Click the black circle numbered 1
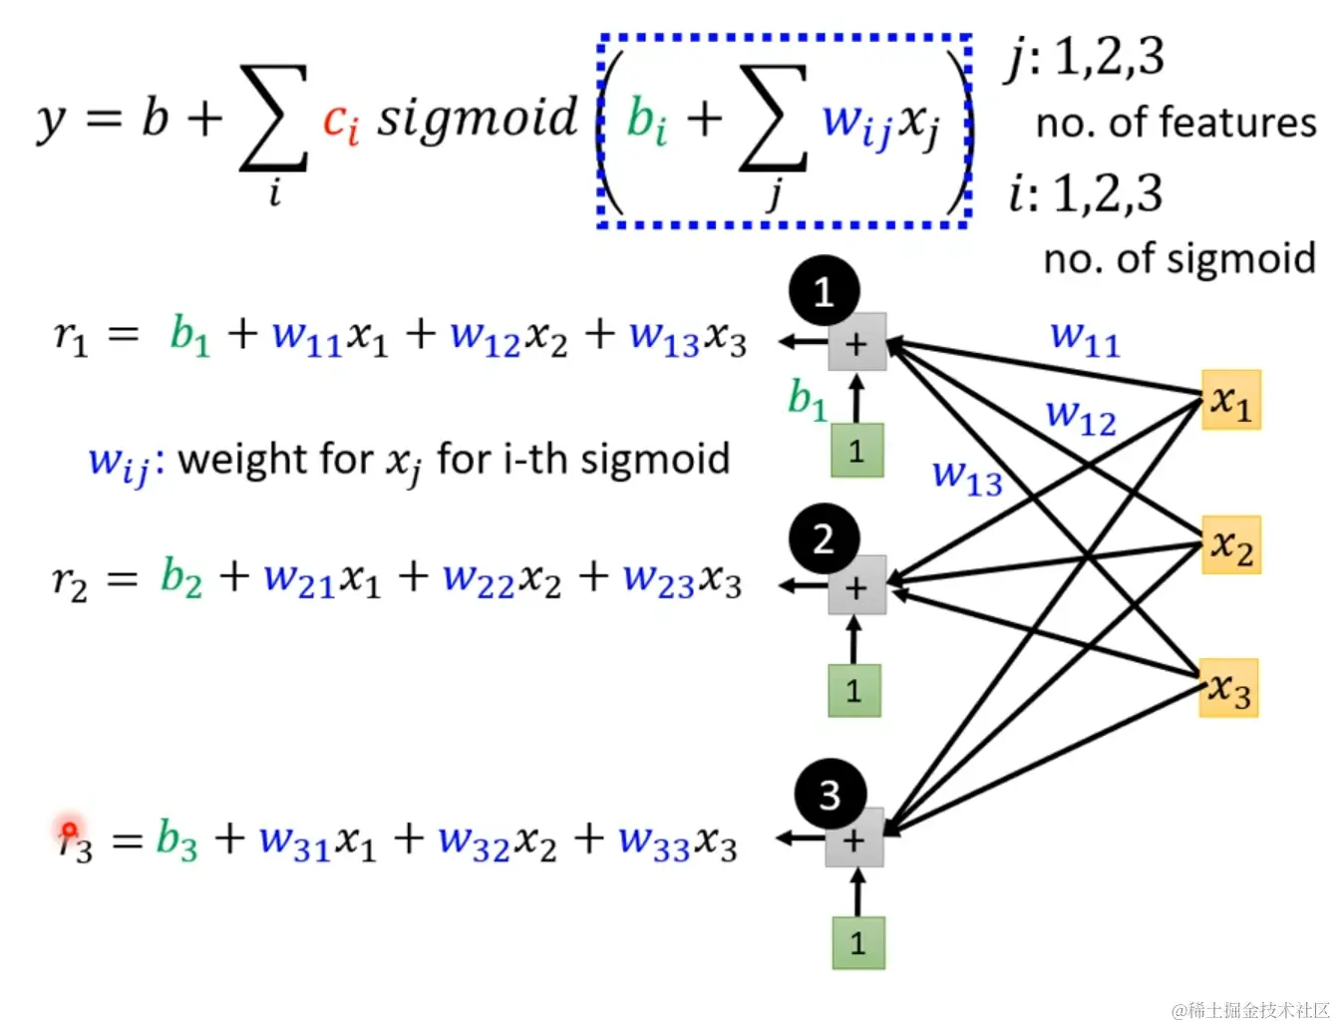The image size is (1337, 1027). (x=824, y=292)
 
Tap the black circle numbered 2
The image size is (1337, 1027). (x=824, y=539)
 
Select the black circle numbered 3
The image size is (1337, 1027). (x=830, y=795)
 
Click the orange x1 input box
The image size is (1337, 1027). (x=1231, y=401)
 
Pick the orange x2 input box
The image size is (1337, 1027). (x=1231, y=545)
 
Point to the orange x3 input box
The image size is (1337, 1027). (x=1228, y=688)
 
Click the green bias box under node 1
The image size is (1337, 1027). (x=856, y=451)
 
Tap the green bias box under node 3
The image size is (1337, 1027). (x=858, y=942)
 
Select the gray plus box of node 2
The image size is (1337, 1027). (x=856, y=586)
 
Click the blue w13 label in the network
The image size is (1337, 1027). (x=966, y=477)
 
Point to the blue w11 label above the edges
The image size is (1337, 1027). (x=1085, y=338)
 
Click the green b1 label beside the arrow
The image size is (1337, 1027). (x=807, y=400)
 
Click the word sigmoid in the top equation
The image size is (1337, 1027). (x=477, y=119)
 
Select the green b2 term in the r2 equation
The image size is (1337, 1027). (x=180, y=577)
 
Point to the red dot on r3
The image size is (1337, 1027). (x=69, y=830)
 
